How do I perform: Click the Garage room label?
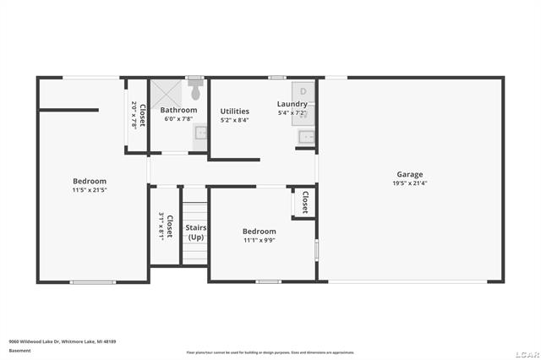point(410,175)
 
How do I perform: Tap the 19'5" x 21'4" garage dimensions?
point(410,183)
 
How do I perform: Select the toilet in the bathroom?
point(196,90)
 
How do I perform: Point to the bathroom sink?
point(201,133)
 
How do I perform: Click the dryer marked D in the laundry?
point(303,90)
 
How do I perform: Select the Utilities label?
point(234,111)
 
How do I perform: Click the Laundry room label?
point(292,104)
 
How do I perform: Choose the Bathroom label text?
point(178,110)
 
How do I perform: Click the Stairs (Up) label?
point(195,232)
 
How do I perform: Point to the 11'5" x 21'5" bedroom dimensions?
point(89,190)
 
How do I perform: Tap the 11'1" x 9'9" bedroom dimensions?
point(259,241)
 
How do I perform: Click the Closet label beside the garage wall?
point(304,204)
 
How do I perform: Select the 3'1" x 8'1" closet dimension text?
point(161,226)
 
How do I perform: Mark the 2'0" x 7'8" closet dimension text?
point(134,114)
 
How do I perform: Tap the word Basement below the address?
point(19,351)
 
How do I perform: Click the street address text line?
point(62,341)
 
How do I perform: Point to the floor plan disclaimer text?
point(270,352)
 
